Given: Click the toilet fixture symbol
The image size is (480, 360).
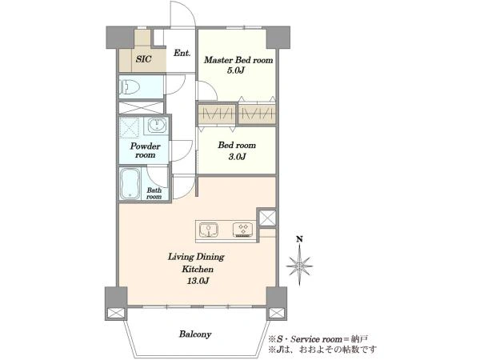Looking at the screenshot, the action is (x=130, y=87).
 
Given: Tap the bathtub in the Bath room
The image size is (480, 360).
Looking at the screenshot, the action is (x=130, y=184).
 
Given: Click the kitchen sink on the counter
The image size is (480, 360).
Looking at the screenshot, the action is (x=209, y=230).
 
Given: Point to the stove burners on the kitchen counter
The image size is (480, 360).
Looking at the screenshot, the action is (x=243, y=230).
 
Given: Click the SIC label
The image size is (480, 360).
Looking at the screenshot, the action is (x=143, y=58).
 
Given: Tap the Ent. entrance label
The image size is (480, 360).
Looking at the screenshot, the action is (x=182, y=53).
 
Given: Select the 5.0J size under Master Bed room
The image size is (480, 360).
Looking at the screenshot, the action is (x=235, y=70).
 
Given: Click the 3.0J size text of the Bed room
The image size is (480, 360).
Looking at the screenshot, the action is (x=237, y=157).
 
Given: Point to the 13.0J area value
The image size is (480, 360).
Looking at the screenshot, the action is (x=198, y=281).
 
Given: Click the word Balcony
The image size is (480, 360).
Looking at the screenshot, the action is (x=195, y=334).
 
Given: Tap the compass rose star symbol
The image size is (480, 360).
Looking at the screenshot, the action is (x=299, y=266).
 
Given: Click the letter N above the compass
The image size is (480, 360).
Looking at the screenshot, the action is (x=300, y=239).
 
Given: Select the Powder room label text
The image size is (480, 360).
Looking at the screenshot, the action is (x=145, y=150).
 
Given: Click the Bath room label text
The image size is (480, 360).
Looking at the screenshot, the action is (x=154, y=194).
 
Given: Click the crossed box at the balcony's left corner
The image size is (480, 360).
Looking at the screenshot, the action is (x=116, y=313).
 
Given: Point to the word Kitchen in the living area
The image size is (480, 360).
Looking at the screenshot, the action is (x=198, y=270).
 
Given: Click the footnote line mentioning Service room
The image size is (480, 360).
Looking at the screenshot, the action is (x=318, y=339).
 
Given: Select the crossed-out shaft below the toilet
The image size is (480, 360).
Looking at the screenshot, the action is (x=141, y=107).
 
